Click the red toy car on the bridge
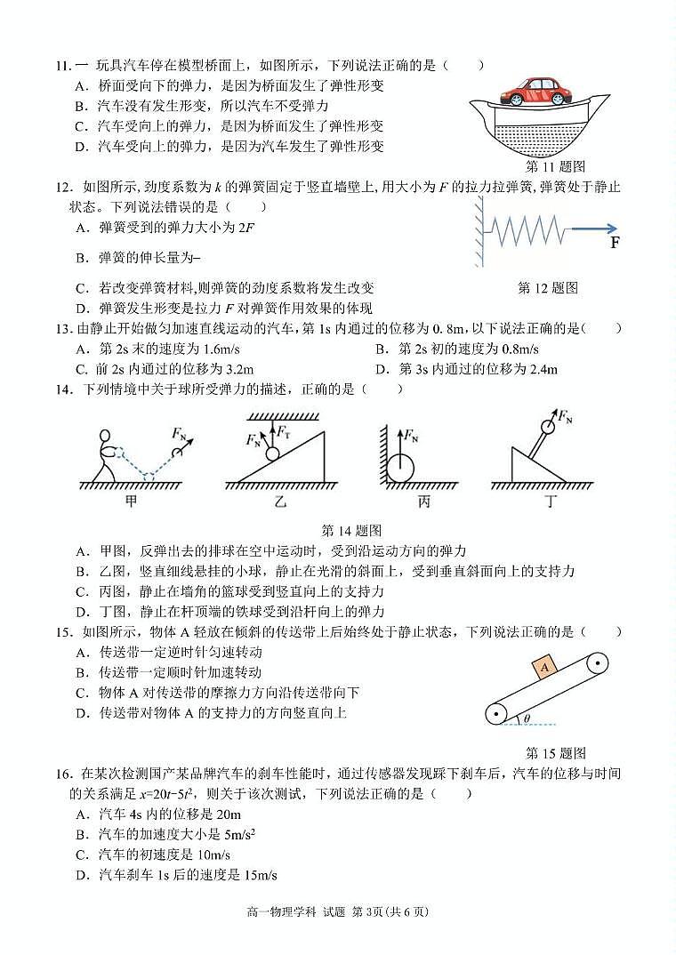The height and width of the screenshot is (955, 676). tap(533, 92)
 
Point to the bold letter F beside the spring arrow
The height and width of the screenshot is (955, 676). tap(615, 242)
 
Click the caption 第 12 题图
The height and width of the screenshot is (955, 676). tap(548, 288)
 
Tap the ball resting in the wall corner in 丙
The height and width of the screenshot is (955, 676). tap(400, 468)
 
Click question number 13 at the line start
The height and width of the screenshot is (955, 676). tap(62, 329)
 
